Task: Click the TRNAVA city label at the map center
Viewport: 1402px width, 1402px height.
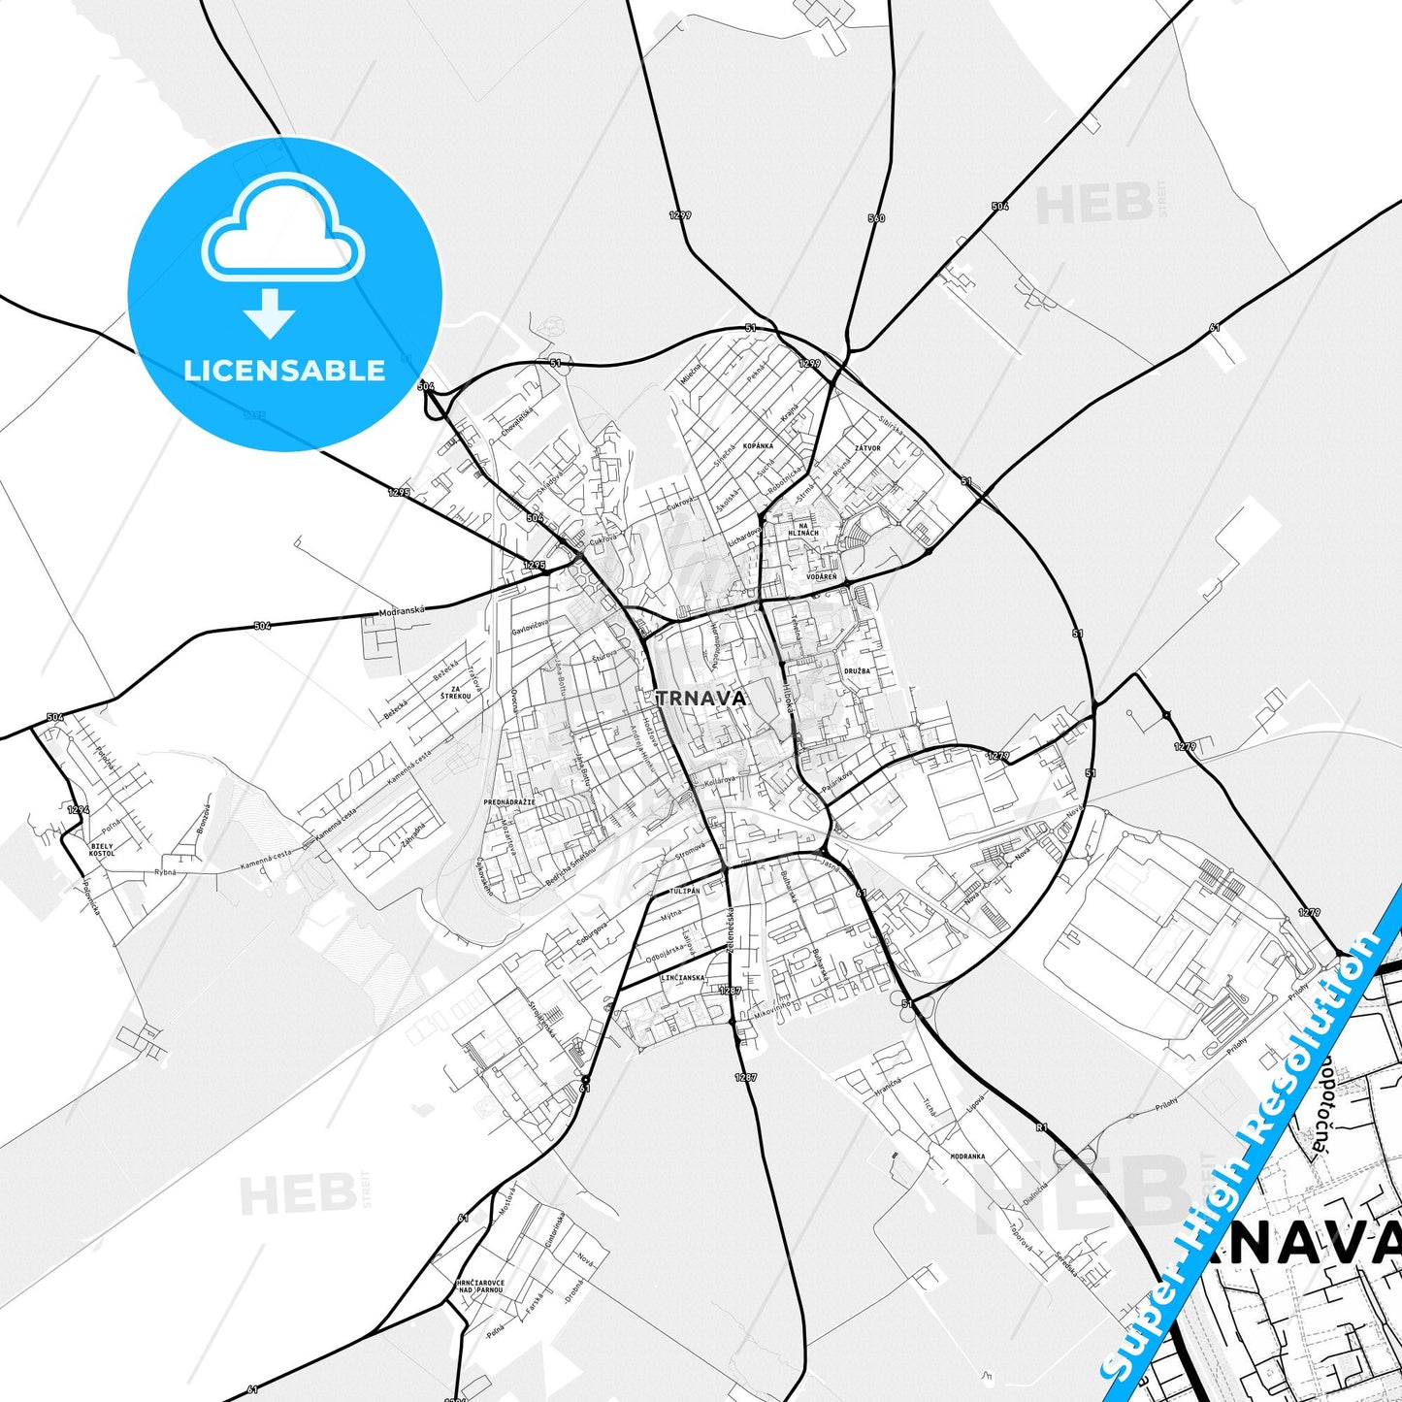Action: pyautogui.click(x=701, y=698)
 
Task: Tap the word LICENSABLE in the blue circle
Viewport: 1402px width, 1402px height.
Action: pyautogui.click(x=284, y=370)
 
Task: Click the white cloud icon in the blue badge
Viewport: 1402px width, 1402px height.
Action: pyautogui.click(x=282, y=229)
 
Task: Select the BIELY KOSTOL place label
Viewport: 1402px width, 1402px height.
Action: pyautogui.click(x=101, y=849)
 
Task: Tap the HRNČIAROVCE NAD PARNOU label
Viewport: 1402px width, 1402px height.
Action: pyautogui.click(x=480, y=1287)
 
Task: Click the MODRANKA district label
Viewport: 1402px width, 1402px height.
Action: pyautogui.click(x=967, y=1157)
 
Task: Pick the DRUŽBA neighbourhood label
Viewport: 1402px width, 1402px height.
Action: pyautogui.click(x=857, y=670)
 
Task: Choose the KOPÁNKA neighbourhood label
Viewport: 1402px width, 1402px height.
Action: pyautogui.click(x=758, y=445)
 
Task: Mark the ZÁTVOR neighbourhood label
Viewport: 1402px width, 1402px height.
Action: pyautogui.click(x=866, y=448)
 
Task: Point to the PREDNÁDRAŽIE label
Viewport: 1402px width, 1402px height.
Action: pyautogui.click(x=509, y=802)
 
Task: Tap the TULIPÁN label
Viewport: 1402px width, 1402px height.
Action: pyautogui.click(x=683, y=891)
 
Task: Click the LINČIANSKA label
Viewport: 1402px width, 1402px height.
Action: pyautogui.click(x=682, y=978)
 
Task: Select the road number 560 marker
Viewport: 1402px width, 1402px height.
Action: pyautogui.click(x=876, y=218)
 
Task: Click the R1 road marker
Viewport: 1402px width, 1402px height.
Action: pyautogui.click(x=1041, y=1127)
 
